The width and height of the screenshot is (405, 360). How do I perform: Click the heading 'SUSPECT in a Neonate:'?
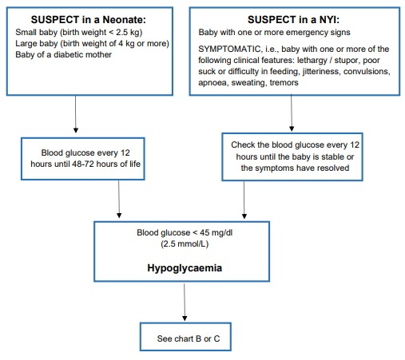click(89, 20)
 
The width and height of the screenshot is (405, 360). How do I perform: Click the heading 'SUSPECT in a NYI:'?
click(293, 20)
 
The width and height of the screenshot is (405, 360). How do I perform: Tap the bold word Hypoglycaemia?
click(185, 268)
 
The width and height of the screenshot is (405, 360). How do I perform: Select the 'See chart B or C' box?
click(185, 337)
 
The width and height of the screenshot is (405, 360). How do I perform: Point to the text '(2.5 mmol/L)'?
click(185, 243)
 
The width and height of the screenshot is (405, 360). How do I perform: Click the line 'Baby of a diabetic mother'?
click(63, 54)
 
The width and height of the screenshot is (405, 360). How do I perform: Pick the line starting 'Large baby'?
click(92, 43)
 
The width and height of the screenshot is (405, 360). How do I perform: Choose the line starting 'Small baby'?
click(79, 32)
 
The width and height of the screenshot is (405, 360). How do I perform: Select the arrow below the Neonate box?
click(76, 114)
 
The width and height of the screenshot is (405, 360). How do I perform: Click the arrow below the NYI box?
click(292, 113)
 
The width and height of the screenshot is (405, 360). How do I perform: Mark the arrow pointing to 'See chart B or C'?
click(185, 302)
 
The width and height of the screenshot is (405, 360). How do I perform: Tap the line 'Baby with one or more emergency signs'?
click(274, 32)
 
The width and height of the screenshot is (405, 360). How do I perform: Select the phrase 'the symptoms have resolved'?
click(295, 168)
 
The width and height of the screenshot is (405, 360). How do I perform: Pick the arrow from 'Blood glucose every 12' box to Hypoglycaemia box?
click(119, 200)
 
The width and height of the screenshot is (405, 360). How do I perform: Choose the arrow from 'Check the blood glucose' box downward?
click(244, 200)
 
